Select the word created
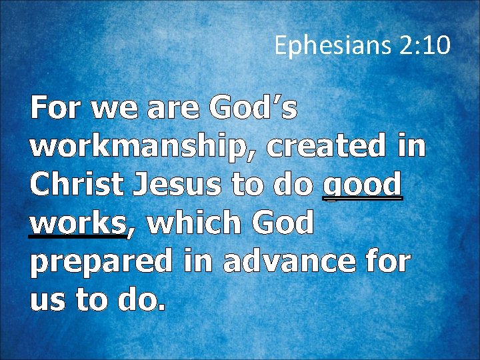click(x=325, y=147)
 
